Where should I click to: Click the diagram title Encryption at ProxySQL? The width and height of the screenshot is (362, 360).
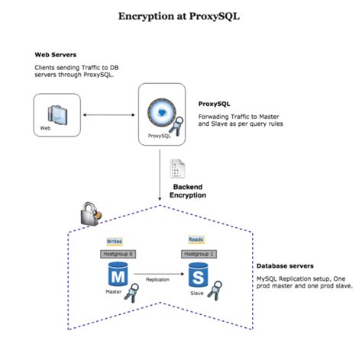tap(180, 16)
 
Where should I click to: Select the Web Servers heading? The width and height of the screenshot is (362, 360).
tap(56, 55)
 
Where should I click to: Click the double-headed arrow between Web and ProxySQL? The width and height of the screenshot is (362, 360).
tap(109, 115)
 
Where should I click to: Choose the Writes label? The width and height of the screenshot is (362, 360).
tap(114, 240)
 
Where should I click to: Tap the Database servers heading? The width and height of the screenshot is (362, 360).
tap(283, 267)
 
